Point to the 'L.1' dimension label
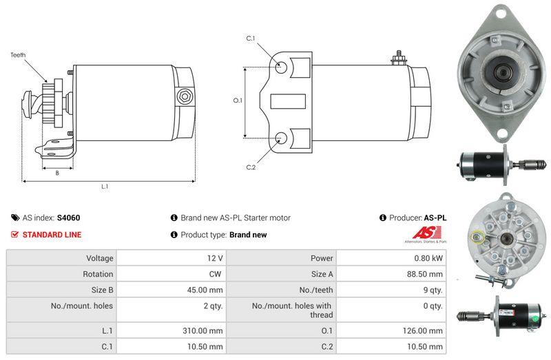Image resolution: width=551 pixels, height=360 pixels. [105, 187]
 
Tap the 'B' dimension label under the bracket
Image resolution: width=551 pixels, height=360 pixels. [56, 173]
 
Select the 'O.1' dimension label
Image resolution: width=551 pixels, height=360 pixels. [238, 100]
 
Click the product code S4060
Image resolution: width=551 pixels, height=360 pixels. [68, 218]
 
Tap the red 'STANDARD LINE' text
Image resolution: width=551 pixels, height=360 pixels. [52, 235]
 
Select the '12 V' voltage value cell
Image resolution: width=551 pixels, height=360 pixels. [214, 258]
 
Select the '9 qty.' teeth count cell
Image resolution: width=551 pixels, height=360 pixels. [432, 290]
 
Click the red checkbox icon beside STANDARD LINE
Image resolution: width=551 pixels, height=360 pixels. [15, 235]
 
